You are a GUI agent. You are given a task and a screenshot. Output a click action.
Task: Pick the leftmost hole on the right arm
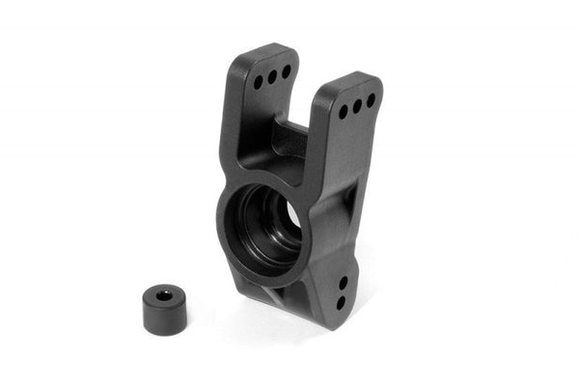[x=344, y=112]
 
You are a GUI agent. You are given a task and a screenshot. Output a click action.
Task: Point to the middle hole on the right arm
[x=357, y=106]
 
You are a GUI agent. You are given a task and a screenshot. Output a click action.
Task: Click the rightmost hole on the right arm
[x=370, y=100]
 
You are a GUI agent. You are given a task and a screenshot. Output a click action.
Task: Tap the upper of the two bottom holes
[x=343, y=283]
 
